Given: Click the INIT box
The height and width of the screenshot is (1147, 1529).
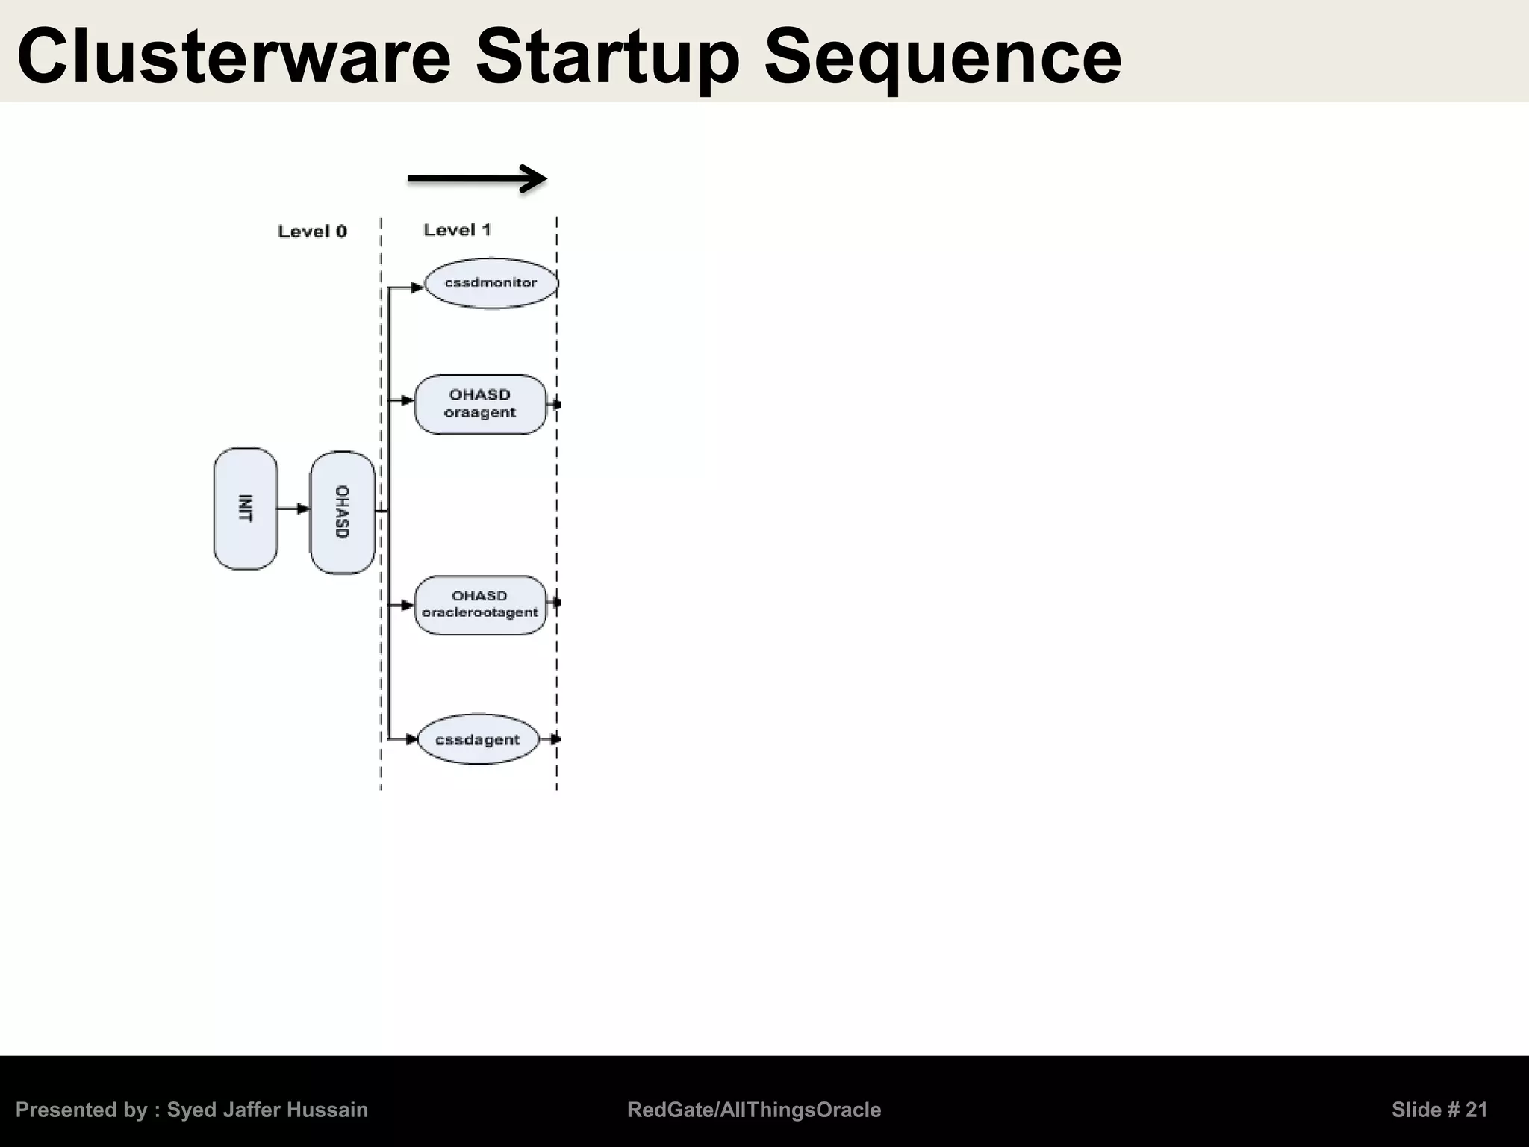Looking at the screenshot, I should click(x=246, y=509).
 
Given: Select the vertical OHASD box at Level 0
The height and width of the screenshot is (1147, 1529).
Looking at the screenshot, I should click(x=342, y=512).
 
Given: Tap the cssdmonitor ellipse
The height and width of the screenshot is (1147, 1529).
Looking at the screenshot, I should click(x=491, y=283).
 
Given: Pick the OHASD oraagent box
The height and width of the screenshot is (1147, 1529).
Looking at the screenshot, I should click(x=480, y=404).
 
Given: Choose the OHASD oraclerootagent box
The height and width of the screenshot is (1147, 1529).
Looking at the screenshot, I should click(x=480, y=605).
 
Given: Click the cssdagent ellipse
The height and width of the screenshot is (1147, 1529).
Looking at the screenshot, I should click(x=477, y=739).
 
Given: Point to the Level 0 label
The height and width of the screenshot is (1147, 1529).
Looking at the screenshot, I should click(x=312, y=231).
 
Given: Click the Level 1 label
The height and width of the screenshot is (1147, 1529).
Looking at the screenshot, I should click(x=457, y=230).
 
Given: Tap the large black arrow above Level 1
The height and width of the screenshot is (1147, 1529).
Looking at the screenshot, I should click(x=478, y=178).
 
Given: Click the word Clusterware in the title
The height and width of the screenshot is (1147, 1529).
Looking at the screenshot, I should click(x=234, y=57).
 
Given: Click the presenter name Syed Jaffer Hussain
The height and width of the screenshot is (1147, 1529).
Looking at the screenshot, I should click(x=267, y=1110).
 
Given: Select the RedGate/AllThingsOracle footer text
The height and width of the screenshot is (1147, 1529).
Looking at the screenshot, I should click(x=754, y=1110).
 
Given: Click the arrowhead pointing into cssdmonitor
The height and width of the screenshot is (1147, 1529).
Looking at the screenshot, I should click(x=417, y=287).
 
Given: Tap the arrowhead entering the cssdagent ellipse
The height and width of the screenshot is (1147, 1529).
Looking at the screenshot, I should click(x=411, y=739).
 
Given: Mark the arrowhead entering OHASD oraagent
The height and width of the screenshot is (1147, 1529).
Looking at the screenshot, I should click(x=408, y=401).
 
